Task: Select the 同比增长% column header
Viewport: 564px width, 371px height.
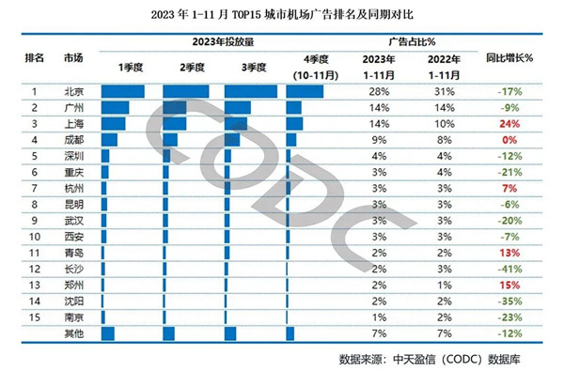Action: pyautogui.click(x=509, y=57)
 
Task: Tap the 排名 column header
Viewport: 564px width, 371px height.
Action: pyautogui.click(x=34, y=57)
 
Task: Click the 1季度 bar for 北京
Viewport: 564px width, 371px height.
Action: pyautogui.click(x=121, y=91)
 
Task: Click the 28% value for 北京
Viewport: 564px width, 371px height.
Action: pyautogui.click(x=379, y=91)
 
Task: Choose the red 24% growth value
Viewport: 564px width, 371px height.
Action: pyautogui.click(x=510, y=123)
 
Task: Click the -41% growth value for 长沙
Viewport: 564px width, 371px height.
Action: pyautogui.click(x=509, y=269)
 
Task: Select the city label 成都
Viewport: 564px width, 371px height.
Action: pyautogui.click(x=72, y=139)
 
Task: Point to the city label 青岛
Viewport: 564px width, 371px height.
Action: pyautogui.click(x=72, y=253)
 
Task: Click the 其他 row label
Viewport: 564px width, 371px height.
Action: pyautogui.click(x=72, y=334)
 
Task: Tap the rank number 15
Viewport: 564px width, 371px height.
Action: pyautogui.click(x=34, y=317)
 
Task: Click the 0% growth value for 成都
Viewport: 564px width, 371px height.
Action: pyautogui.click(x=511, y=139)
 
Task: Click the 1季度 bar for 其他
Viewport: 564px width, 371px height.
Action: pyautogui.click(x=106, y=334)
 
